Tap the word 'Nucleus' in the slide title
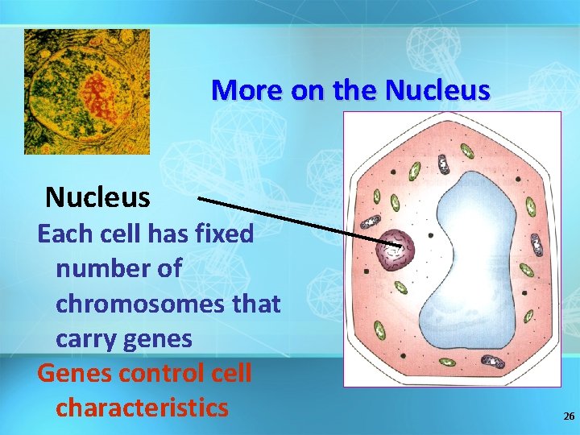(437, 90)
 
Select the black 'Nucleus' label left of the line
(97, 197)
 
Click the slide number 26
(569, 416)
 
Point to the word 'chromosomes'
(168, 304)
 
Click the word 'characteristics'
(142, 408)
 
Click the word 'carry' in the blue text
(87, 339)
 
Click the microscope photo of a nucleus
(87, 91)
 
